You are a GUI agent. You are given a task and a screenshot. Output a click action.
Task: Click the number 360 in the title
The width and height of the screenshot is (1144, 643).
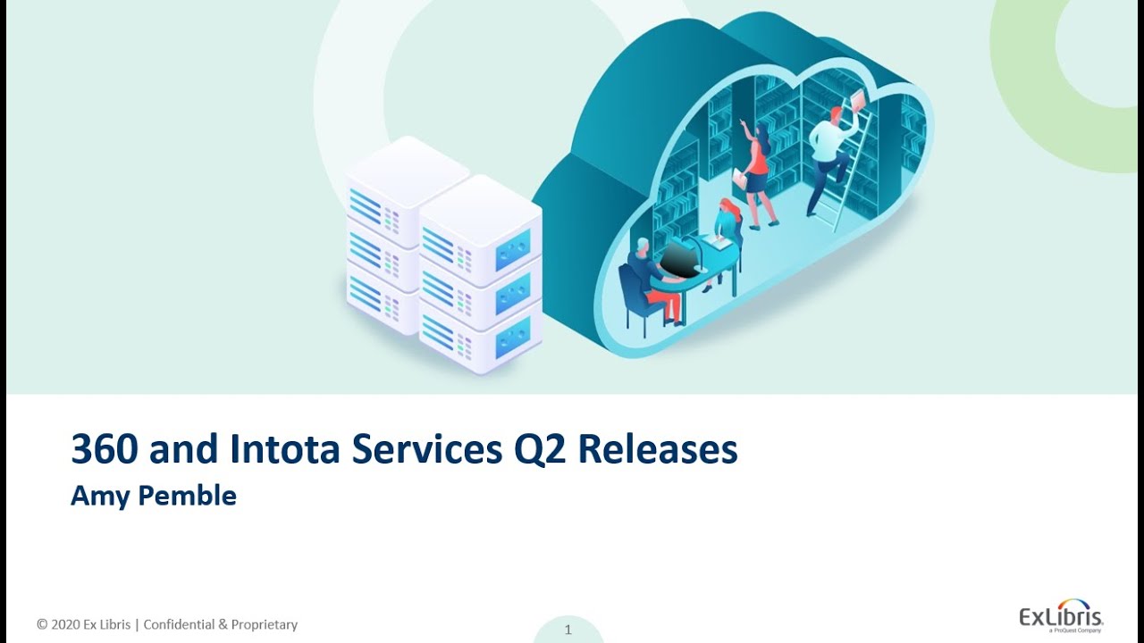[x=105, y=450]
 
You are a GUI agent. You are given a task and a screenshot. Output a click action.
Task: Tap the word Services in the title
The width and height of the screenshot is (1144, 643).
[x=426, y=450]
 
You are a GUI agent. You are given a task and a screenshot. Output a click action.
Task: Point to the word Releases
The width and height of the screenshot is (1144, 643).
[x=657, y=450]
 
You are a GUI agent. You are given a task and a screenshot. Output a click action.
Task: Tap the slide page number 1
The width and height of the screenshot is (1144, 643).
[x=568, y=630]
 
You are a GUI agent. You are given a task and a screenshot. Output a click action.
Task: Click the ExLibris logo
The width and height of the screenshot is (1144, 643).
[x=1061, y=615]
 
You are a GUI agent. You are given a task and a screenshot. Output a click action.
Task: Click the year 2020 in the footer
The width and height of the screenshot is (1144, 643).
[x=66, y=625]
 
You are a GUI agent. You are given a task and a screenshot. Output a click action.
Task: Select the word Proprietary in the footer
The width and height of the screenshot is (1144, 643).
[x=265, y=625]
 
